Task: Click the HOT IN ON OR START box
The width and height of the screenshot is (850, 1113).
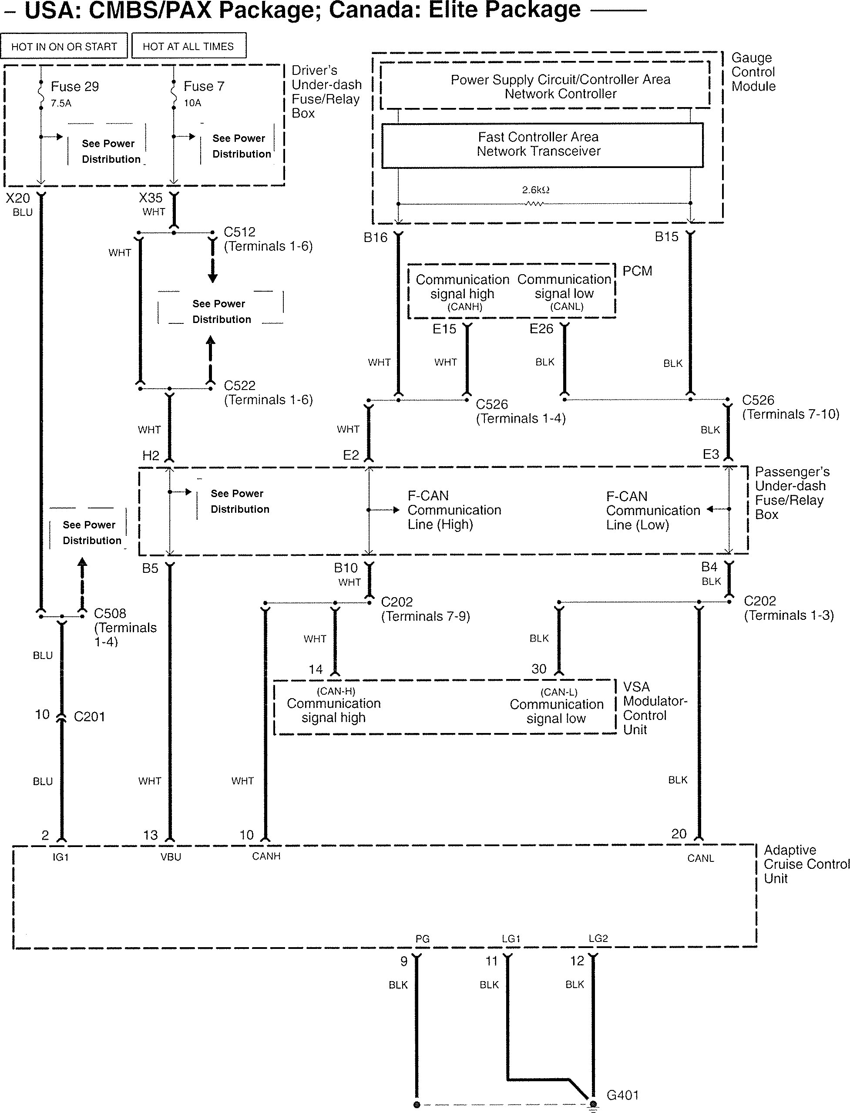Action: tap(64, 47)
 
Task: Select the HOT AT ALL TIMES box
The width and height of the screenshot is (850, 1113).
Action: tap(188, 47)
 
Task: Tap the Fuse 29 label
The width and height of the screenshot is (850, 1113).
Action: tap(74, 87)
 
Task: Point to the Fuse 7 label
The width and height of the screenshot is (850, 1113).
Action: tap(203, 87)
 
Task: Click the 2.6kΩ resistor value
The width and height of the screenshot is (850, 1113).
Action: tap(535, 190)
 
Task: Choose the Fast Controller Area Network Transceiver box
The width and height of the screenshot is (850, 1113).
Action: tap(542, 145)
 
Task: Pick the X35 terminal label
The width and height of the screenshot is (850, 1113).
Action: tap(151, 198)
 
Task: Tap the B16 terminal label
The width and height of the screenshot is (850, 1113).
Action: tap(376, 237)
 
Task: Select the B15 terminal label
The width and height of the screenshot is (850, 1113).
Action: tap(666, 237)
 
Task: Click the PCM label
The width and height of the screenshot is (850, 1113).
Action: tap(637, 271)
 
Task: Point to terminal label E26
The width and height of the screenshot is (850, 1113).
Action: tap(541, 329)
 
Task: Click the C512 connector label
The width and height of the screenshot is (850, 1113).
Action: tap(240, 232)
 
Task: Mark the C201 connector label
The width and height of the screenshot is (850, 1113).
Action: tap(89, 717)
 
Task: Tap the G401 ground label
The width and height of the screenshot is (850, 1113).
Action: tap(622, 1095)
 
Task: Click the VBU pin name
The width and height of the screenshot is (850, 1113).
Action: tap(171, 857)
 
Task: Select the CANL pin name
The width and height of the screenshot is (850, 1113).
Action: tap(700, 858)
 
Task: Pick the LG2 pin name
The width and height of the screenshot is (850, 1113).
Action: tap(598, 938)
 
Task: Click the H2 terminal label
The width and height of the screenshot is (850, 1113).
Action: tap(151, 455)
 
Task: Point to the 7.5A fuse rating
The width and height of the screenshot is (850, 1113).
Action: tap(61, 103)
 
